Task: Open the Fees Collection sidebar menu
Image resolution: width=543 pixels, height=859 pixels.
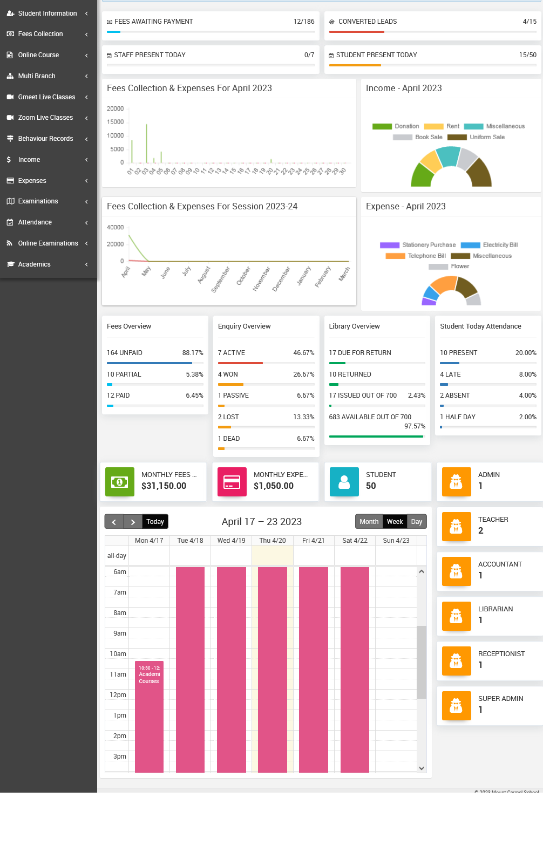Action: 40,34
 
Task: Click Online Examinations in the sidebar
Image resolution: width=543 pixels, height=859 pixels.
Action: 47,243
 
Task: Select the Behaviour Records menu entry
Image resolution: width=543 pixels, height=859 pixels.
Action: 45,139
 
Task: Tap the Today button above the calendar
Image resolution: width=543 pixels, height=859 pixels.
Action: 155,522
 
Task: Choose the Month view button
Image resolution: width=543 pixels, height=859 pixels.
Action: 369,522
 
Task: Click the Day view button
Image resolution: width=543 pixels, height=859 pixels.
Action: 416,522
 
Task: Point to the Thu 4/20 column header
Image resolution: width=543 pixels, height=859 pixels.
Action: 273,541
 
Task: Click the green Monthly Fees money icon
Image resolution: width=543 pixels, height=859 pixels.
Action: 119,482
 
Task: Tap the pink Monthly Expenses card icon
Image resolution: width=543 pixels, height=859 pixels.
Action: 232,482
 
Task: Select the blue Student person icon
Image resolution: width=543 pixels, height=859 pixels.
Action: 344,482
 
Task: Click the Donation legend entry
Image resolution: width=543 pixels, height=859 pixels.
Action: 406,126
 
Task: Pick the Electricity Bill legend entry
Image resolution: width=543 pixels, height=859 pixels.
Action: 500,245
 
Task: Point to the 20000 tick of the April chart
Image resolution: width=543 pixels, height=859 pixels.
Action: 116,109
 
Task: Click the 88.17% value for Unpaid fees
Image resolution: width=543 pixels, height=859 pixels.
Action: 193,353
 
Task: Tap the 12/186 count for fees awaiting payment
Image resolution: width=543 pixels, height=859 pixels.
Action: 304,22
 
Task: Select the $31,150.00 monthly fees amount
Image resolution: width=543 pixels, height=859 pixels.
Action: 164,486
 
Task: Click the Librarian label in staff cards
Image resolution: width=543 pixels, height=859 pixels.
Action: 496,609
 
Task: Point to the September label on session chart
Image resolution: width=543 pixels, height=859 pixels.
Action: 221,279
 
